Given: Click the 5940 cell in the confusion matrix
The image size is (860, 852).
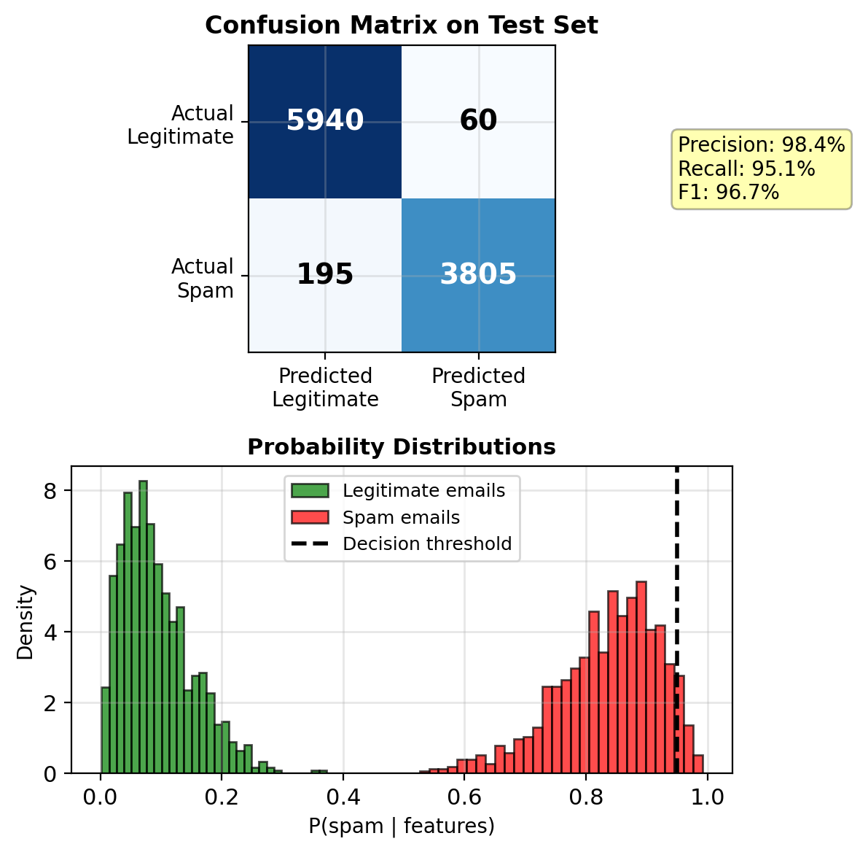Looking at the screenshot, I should (325, 121).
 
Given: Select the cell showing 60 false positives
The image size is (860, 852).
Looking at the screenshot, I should (478, 121).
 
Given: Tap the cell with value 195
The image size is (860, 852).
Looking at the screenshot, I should (325, 275).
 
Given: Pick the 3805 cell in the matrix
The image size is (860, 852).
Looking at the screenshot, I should (478, 275).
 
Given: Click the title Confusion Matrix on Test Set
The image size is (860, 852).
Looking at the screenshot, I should (402, 26).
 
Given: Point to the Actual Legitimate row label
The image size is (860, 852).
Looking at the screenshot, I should (181, 125).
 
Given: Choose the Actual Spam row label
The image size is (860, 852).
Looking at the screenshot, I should (203, 278).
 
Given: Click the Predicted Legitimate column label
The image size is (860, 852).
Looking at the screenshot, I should (325, 387).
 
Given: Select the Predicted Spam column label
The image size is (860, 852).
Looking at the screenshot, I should (478, 387).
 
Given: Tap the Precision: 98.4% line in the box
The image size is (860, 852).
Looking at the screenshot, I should (761, 144).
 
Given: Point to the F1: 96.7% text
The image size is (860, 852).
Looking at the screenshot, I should (728, 193).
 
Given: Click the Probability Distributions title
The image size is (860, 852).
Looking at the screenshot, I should (402, 447).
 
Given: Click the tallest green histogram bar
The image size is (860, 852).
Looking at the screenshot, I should (143, 627).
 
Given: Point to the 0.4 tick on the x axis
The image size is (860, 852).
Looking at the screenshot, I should (343, 797).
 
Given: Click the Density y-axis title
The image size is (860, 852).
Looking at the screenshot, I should (26, 622).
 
